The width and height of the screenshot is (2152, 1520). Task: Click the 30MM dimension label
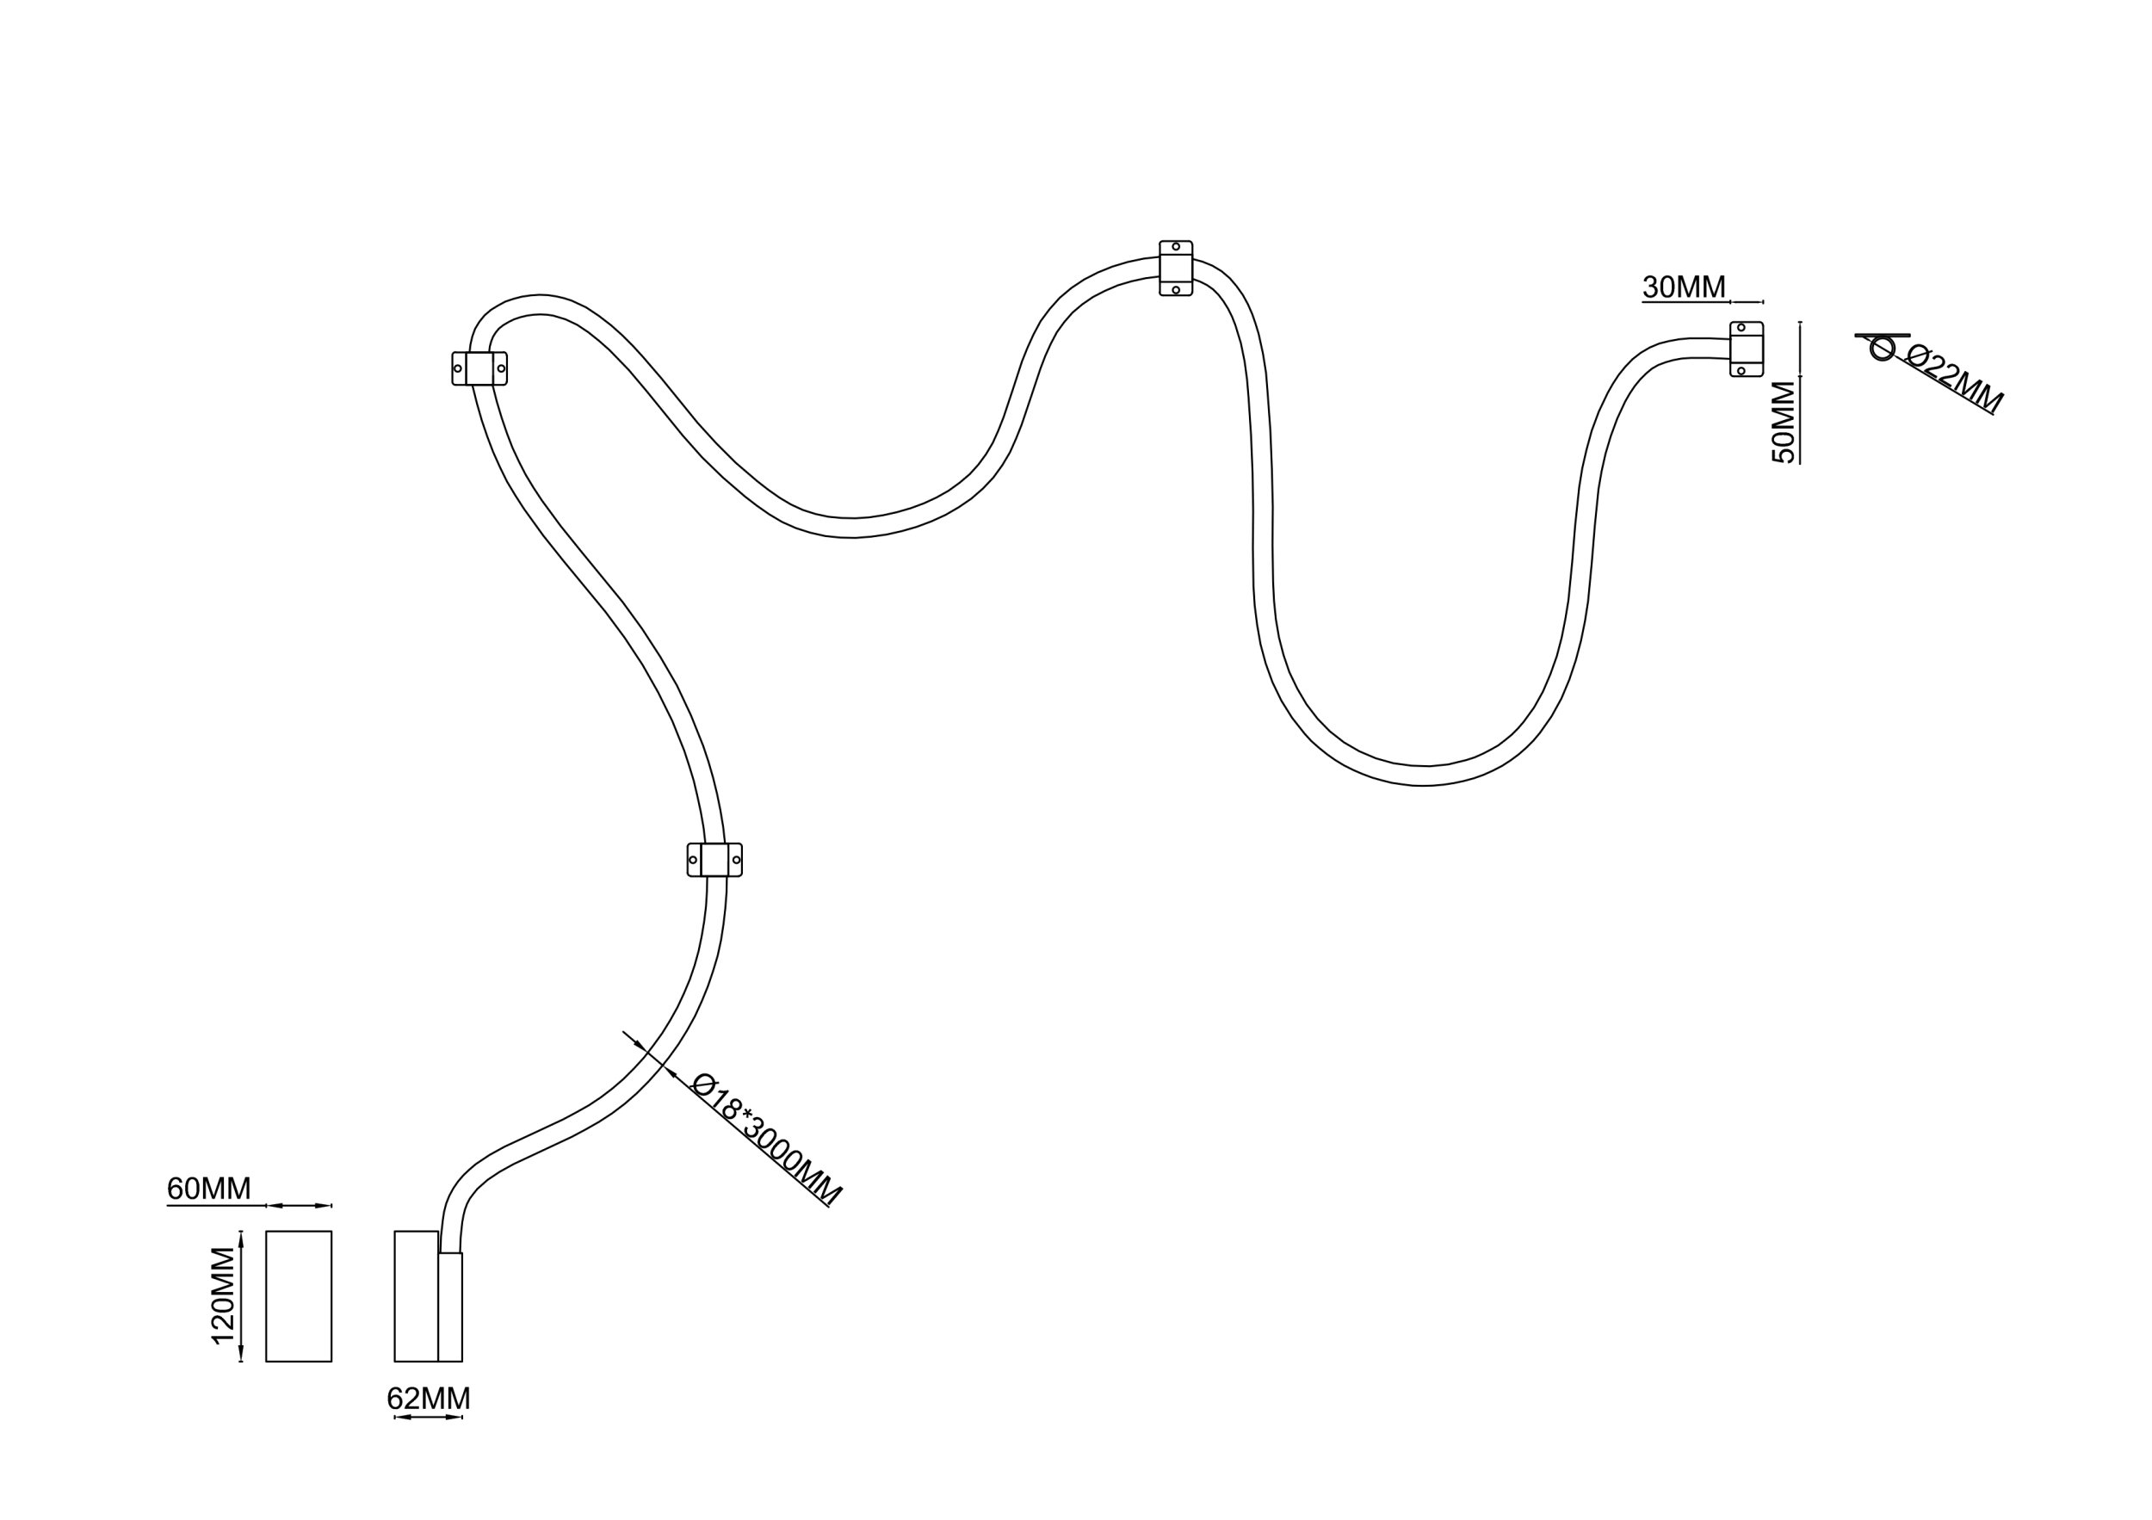pyautogui.click(x=1684, y=287)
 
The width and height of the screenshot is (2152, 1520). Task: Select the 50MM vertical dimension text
pyautogui.click(x=1783, y=421)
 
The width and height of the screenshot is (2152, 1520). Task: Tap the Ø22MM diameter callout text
pyautogui.click(x=1953, y=379)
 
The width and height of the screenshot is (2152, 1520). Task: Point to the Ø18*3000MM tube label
pyautogui.click(x=766, y=1139)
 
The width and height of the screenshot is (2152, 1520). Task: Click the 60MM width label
pyautogui.click(x=208, y=1189)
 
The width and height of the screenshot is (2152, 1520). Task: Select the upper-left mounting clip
pyautogui.click(x=479, y=368)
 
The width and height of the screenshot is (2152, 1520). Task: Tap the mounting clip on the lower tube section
pyautogui.click(x=714, y=859)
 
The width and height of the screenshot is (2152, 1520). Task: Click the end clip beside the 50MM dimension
pyautogui.click(x=1747, y=349)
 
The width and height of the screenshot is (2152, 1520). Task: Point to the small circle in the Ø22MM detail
pyautogui.click(x=1881, y=349)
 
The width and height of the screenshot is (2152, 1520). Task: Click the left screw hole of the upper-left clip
pyautogui.click(x=457, y=368)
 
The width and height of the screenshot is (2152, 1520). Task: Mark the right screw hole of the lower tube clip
pyautogui.click(x=736, y=859)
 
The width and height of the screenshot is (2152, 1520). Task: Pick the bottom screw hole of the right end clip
pyautogui.click(x=1741, y=371)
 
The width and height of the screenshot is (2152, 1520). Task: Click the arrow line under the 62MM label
pyautogui.click(x=429, y=1417)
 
